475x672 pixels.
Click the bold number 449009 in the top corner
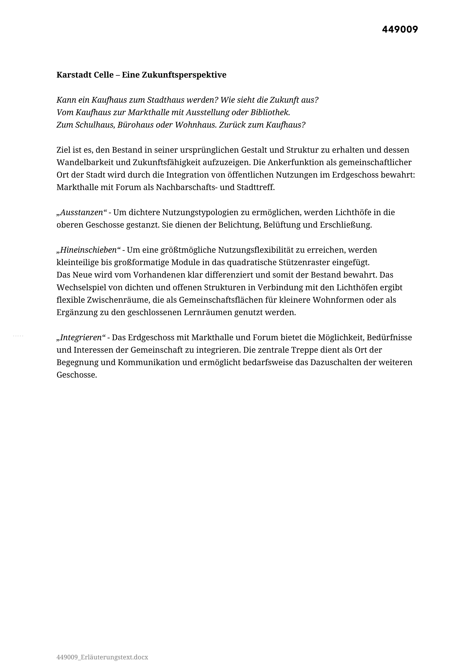(400, 30)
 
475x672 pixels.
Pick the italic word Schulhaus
(95, 125)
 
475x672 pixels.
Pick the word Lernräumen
(208, 313)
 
